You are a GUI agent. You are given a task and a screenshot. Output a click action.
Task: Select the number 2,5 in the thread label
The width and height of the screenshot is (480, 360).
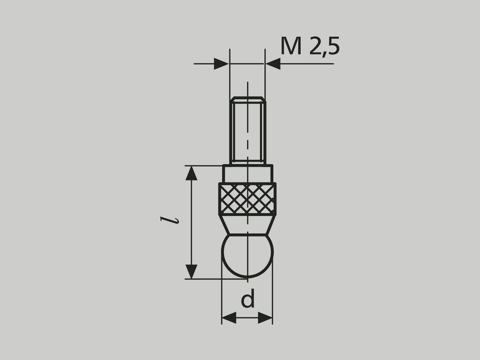tap(324, 47)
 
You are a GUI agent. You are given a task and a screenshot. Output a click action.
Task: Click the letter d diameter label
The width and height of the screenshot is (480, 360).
tap(247, 300)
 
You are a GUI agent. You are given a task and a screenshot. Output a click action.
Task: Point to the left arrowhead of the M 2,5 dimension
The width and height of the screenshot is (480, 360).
tap(221, 64)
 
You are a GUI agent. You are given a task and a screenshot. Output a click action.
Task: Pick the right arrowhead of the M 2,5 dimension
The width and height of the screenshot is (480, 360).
tap(273, 64)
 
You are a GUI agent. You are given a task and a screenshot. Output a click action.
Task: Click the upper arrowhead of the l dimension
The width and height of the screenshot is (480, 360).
tap(191, 173)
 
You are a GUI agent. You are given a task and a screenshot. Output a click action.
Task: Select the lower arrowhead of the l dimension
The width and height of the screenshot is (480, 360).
tap(191, 271)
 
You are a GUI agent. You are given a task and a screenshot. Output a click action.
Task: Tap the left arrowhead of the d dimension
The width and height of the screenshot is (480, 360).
tap(229, 318)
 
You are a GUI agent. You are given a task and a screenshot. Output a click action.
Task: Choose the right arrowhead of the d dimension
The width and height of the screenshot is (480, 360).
tap(265, 318)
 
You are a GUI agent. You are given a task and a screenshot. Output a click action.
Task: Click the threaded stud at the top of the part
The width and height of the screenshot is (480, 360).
tap(247, 129)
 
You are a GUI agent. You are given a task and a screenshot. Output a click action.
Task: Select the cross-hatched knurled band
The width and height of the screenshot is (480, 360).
tap(247, 198)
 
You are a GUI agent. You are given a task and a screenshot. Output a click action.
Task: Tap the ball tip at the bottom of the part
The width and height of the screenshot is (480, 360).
tap(247, 255)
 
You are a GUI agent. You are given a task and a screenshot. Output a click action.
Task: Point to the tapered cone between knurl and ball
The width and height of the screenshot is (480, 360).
tap(247, 224)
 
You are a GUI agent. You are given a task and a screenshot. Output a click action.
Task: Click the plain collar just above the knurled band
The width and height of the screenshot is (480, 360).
tap(247, 174)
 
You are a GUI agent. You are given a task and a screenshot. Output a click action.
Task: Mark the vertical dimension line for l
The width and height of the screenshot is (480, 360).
tap(191, 222)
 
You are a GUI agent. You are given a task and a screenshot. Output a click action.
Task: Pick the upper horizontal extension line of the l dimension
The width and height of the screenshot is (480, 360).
tap(205, 165)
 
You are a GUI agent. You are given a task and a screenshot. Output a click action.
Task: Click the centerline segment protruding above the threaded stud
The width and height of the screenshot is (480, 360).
tap(248, 88)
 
